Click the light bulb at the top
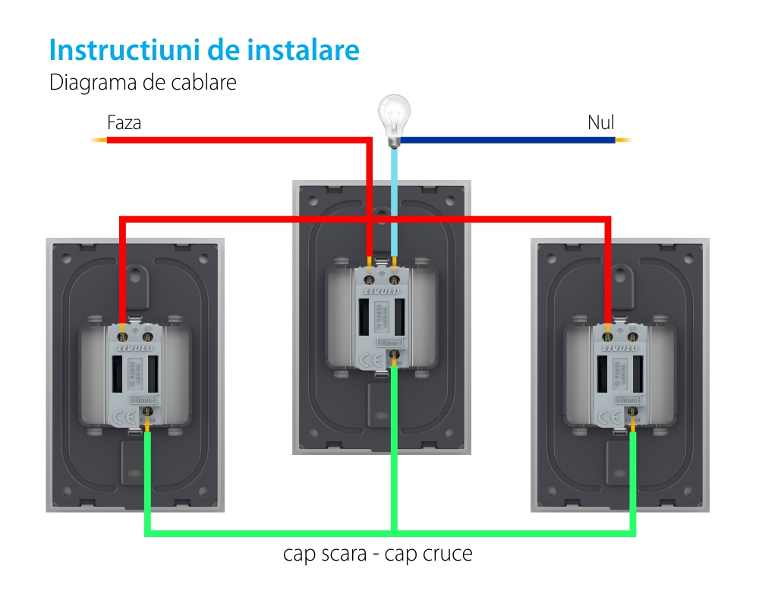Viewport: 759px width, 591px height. [394, 118]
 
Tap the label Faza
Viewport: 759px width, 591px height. [124, 122]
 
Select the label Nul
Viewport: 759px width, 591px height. [601, 122]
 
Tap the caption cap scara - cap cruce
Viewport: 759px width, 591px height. [377, 554]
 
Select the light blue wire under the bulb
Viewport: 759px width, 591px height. [394, 198]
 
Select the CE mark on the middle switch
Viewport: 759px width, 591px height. [367, 360]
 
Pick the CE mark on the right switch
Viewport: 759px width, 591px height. [608, 417]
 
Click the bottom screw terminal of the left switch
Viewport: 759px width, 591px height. [148, 412]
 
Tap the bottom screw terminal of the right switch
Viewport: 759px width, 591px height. [633, 412]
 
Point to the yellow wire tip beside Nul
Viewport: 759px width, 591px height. [623, 140]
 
